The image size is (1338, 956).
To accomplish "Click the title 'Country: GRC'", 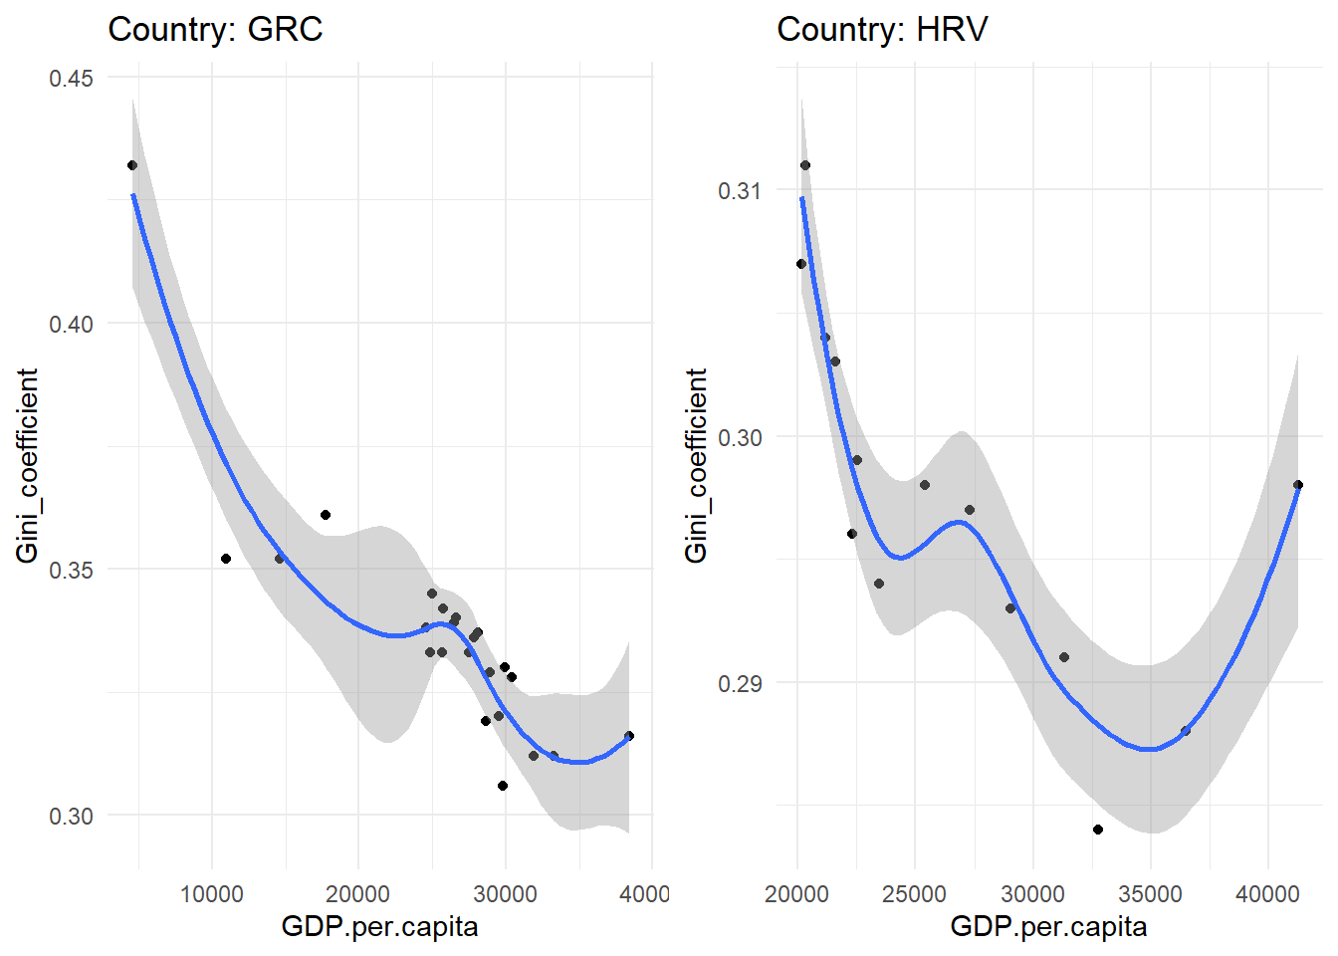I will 215,29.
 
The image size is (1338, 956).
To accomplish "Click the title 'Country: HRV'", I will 882,29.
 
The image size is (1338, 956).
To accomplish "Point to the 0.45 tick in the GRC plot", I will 71,78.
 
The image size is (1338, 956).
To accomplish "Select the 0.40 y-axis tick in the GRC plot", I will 71,324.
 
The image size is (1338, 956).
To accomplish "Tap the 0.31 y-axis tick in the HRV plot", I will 740,190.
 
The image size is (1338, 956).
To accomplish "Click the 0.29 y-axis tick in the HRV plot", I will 740,683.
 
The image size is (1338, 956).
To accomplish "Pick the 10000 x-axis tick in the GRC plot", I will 211,893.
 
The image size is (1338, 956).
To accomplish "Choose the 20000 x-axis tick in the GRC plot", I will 357,893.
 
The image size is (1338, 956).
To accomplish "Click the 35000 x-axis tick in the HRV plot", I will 1150,893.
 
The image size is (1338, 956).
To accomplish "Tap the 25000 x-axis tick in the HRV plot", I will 914,893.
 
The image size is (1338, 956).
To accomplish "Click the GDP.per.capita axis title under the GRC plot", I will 379,927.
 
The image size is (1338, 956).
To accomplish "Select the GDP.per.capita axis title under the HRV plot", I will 1048,927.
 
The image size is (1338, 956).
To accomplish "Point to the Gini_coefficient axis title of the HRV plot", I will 696,465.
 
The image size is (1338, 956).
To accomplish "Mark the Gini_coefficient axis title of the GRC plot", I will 27,465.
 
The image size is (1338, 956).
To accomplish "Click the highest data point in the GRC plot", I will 132,165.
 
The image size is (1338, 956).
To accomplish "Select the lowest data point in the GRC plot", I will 503,786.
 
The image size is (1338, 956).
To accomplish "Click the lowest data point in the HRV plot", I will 1098,830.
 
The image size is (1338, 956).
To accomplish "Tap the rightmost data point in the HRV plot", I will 1298,485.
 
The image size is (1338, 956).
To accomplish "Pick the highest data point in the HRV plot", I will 805,165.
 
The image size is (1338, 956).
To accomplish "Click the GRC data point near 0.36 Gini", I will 326,515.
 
